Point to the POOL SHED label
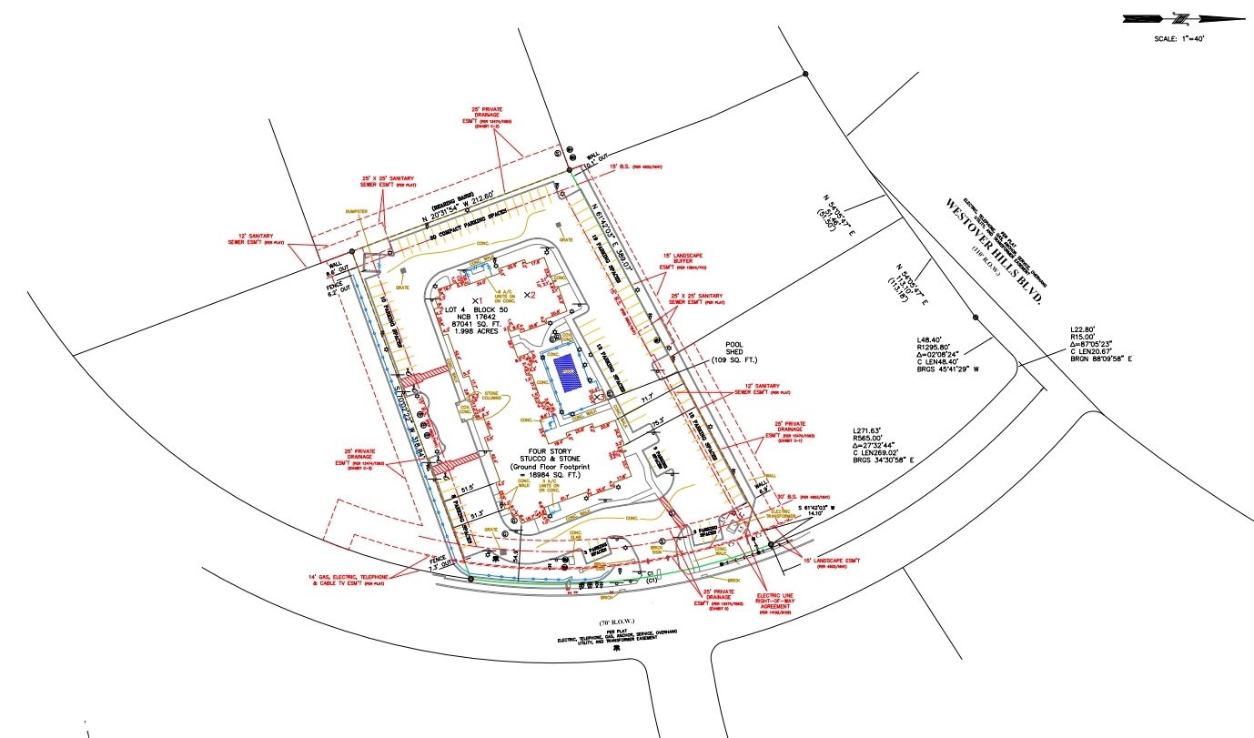coord(735,351)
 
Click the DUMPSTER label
coord(357,211)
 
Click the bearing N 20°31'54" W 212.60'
coord(450,215)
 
